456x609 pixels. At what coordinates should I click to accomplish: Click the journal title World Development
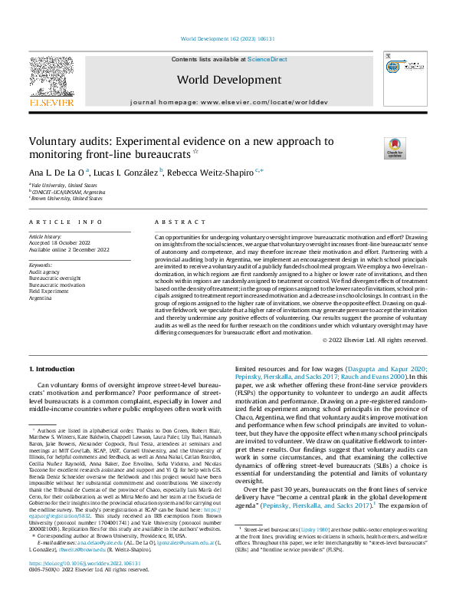tap(227, 79)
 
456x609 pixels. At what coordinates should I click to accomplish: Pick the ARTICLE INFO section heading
tap(65, 222)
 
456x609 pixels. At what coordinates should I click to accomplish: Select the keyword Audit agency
tap(45, 272)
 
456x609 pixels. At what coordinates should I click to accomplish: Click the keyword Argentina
tap(43, 296)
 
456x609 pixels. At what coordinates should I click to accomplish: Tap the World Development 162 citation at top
tap(227, 38)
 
